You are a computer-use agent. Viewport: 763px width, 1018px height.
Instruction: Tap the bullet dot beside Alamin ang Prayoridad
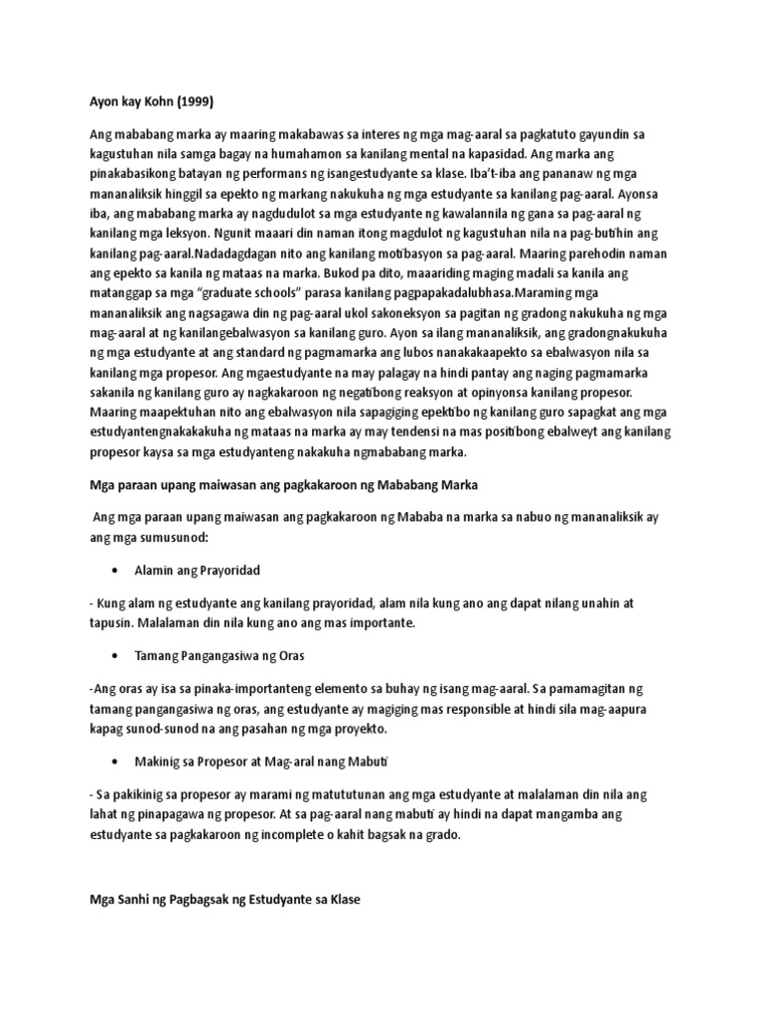pyautogui.click(x=117, y=571)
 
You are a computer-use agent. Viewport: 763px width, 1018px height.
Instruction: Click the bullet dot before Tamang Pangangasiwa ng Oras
pyautogui.click(x=117, y=657)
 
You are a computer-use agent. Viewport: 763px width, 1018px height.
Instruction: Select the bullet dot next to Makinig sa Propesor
pyautogui.click(x=117, y=760)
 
